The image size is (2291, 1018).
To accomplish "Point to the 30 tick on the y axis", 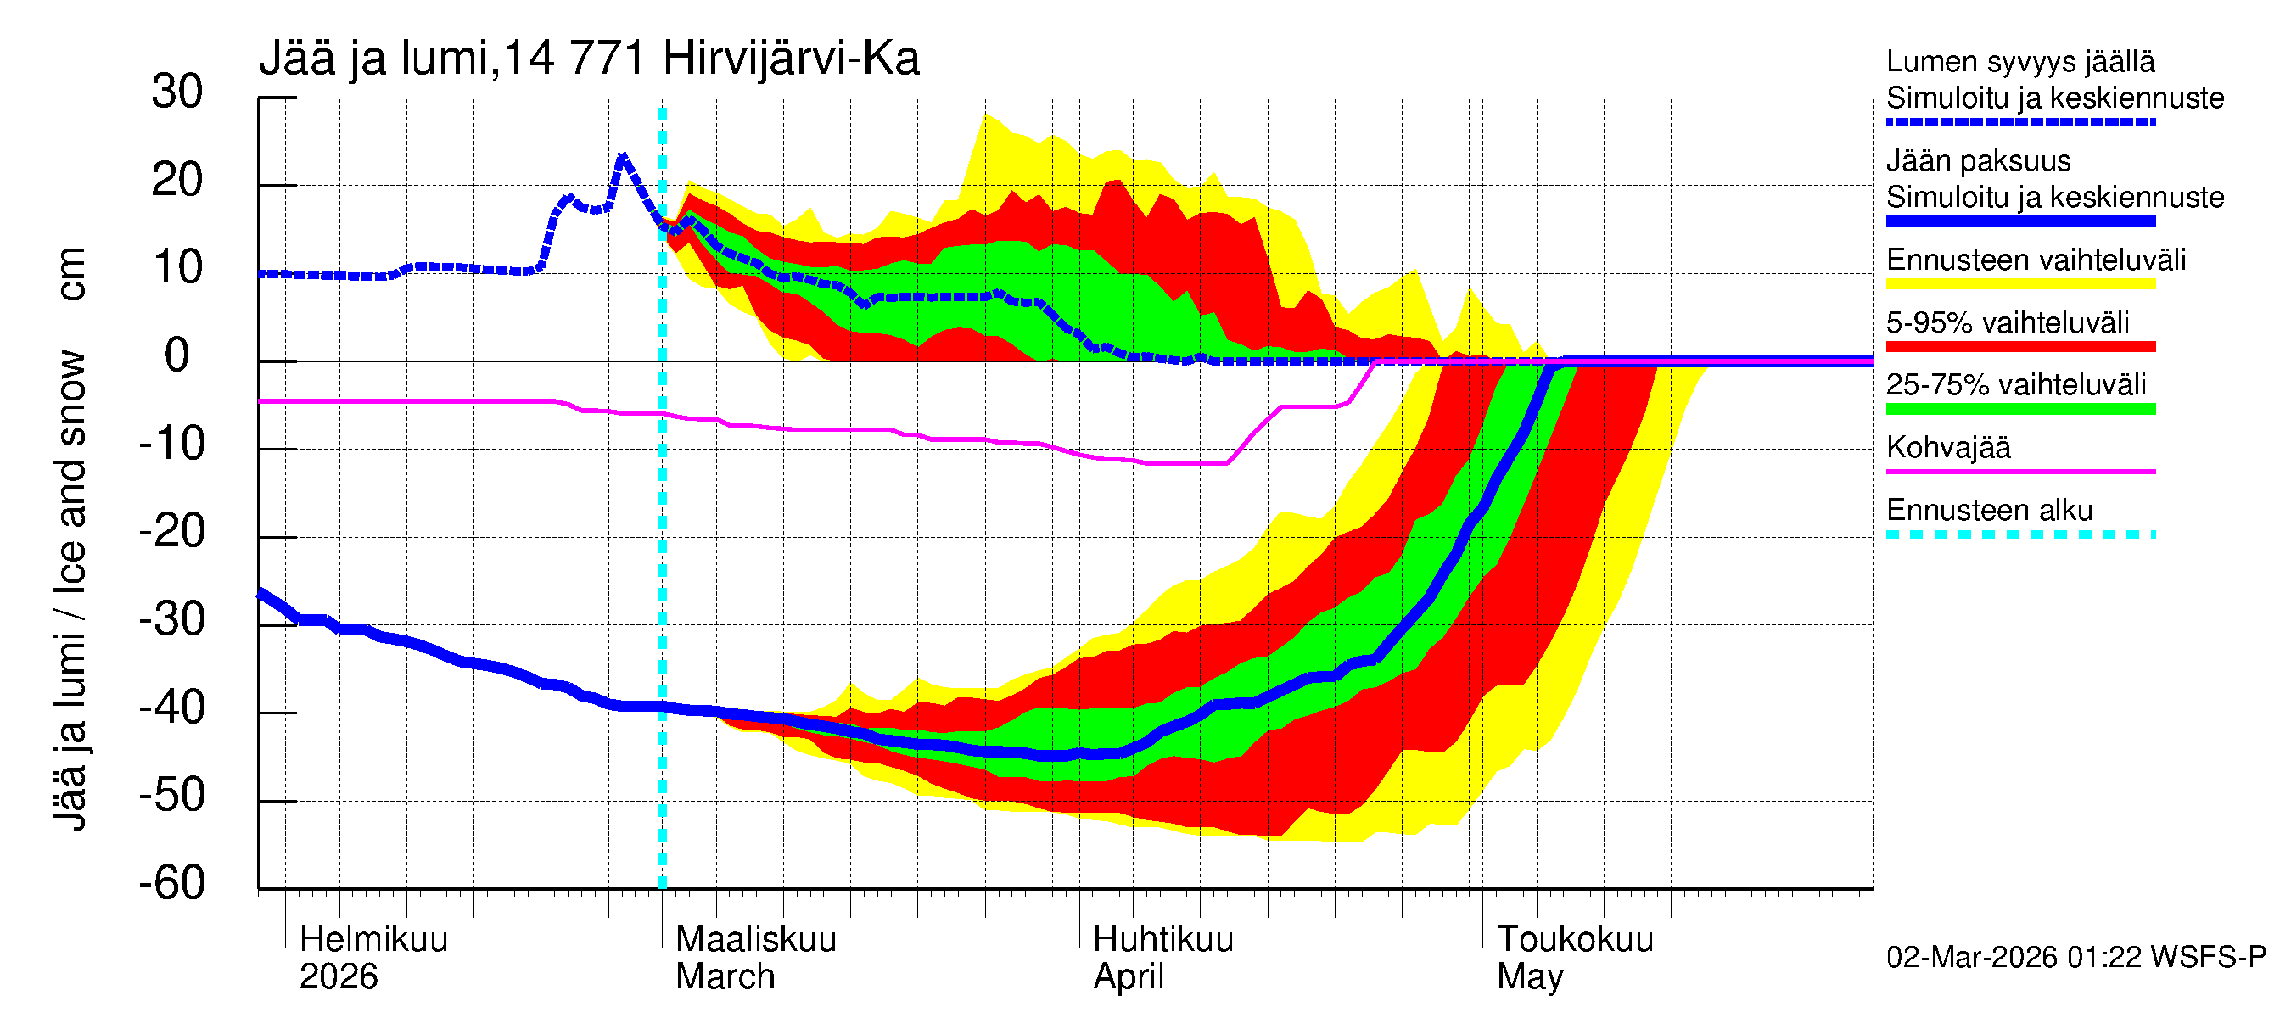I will click(177, 92).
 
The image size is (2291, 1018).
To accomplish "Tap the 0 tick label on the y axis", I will click(177, 355).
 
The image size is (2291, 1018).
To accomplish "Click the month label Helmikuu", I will click(373, 940).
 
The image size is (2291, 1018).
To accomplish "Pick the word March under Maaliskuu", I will click(725, 977).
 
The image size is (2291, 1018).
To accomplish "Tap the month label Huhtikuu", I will click(1162, 940).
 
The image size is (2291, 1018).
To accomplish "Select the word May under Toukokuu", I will click(1529, 977).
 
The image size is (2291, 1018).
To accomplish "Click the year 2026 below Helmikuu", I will click(338, 977).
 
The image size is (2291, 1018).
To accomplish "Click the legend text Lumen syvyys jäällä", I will click(2019, 62).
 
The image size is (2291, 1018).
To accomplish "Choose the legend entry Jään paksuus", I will click(1978, 162).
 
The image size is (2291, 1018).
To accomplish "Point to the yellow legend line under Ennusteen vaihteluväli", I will click(2019, 284).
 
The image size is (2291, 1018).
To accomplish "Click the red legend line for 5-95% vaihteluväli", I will click(2019, 347).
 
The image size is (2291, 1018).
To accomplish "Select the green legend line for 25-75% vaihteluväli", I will click(2019, 409).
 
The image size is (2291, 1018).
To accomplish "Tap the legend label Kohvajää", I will click(1947, 448).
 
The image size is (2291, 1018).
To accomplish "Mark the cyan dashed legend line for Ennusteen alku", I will click(2019, 534).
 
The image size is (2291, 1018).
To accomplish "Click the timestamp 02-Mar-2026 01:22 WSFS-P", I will click(2075, 958).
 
